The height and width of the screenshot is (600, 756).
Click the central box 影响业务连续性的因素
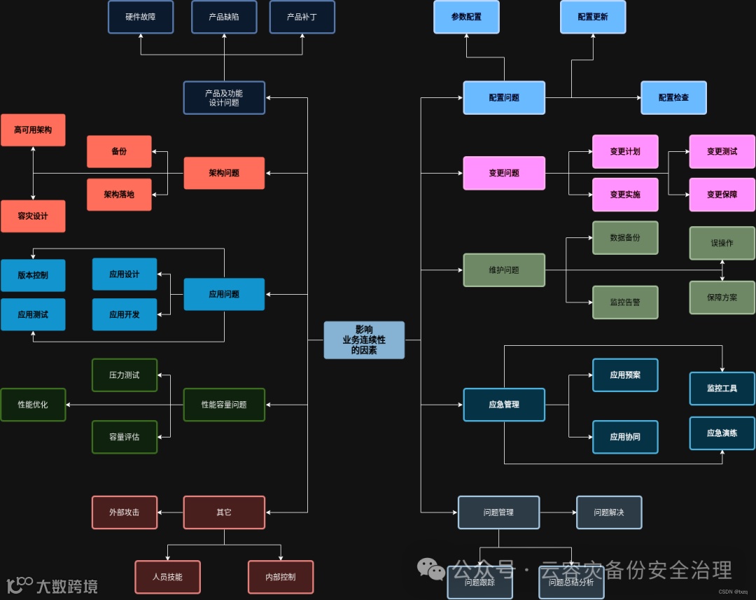[x=364, y=340]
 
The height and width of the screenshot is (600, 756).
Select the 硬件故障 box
[x=141, y=17]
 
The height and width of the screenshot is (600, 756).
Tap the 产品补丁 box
[x=302, y=17]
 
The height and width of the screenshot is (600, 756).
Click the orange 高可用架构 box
[x=33, y=130]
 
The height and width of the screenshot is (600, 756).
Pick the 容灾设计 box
[x=33, y=216]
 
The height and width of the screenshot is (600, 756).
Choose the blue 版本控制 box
[x=33, y=275]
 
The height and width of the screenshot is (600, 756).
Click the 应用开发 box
[x=125, y=315]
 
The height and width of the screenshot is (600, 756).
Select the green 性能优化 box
[x=33, y=405]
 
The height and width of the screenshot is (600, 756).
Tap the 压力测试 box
[x=125, y=375]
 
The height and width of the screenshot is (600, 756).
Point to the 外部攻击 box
[x=125, y=512]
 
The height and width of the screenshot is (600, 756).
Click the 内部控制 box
[x=281, y=577]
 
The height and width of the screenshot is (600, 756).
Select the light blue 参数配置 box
[x=466, y=17]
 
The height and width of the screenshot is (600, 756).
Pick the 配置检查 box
[x=673, y=98]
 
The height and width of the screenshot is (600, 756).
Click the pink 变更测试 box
[x=722, y=152]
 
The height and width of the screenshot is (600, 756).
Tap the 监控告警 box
[x=625, y=302]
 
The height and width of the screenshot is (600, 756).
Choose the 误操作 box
[x=722, y=244]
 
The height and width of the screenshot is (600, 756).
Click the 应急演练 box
[x=722, y=433]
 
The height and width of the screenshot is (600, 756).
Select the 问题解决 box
[x=609, y=512]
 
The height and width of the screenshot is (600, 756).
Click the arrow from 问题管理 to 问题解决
[x=558, y=512]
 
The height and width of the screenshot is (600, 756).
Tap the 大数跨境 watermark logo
[x=52, y=585]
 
